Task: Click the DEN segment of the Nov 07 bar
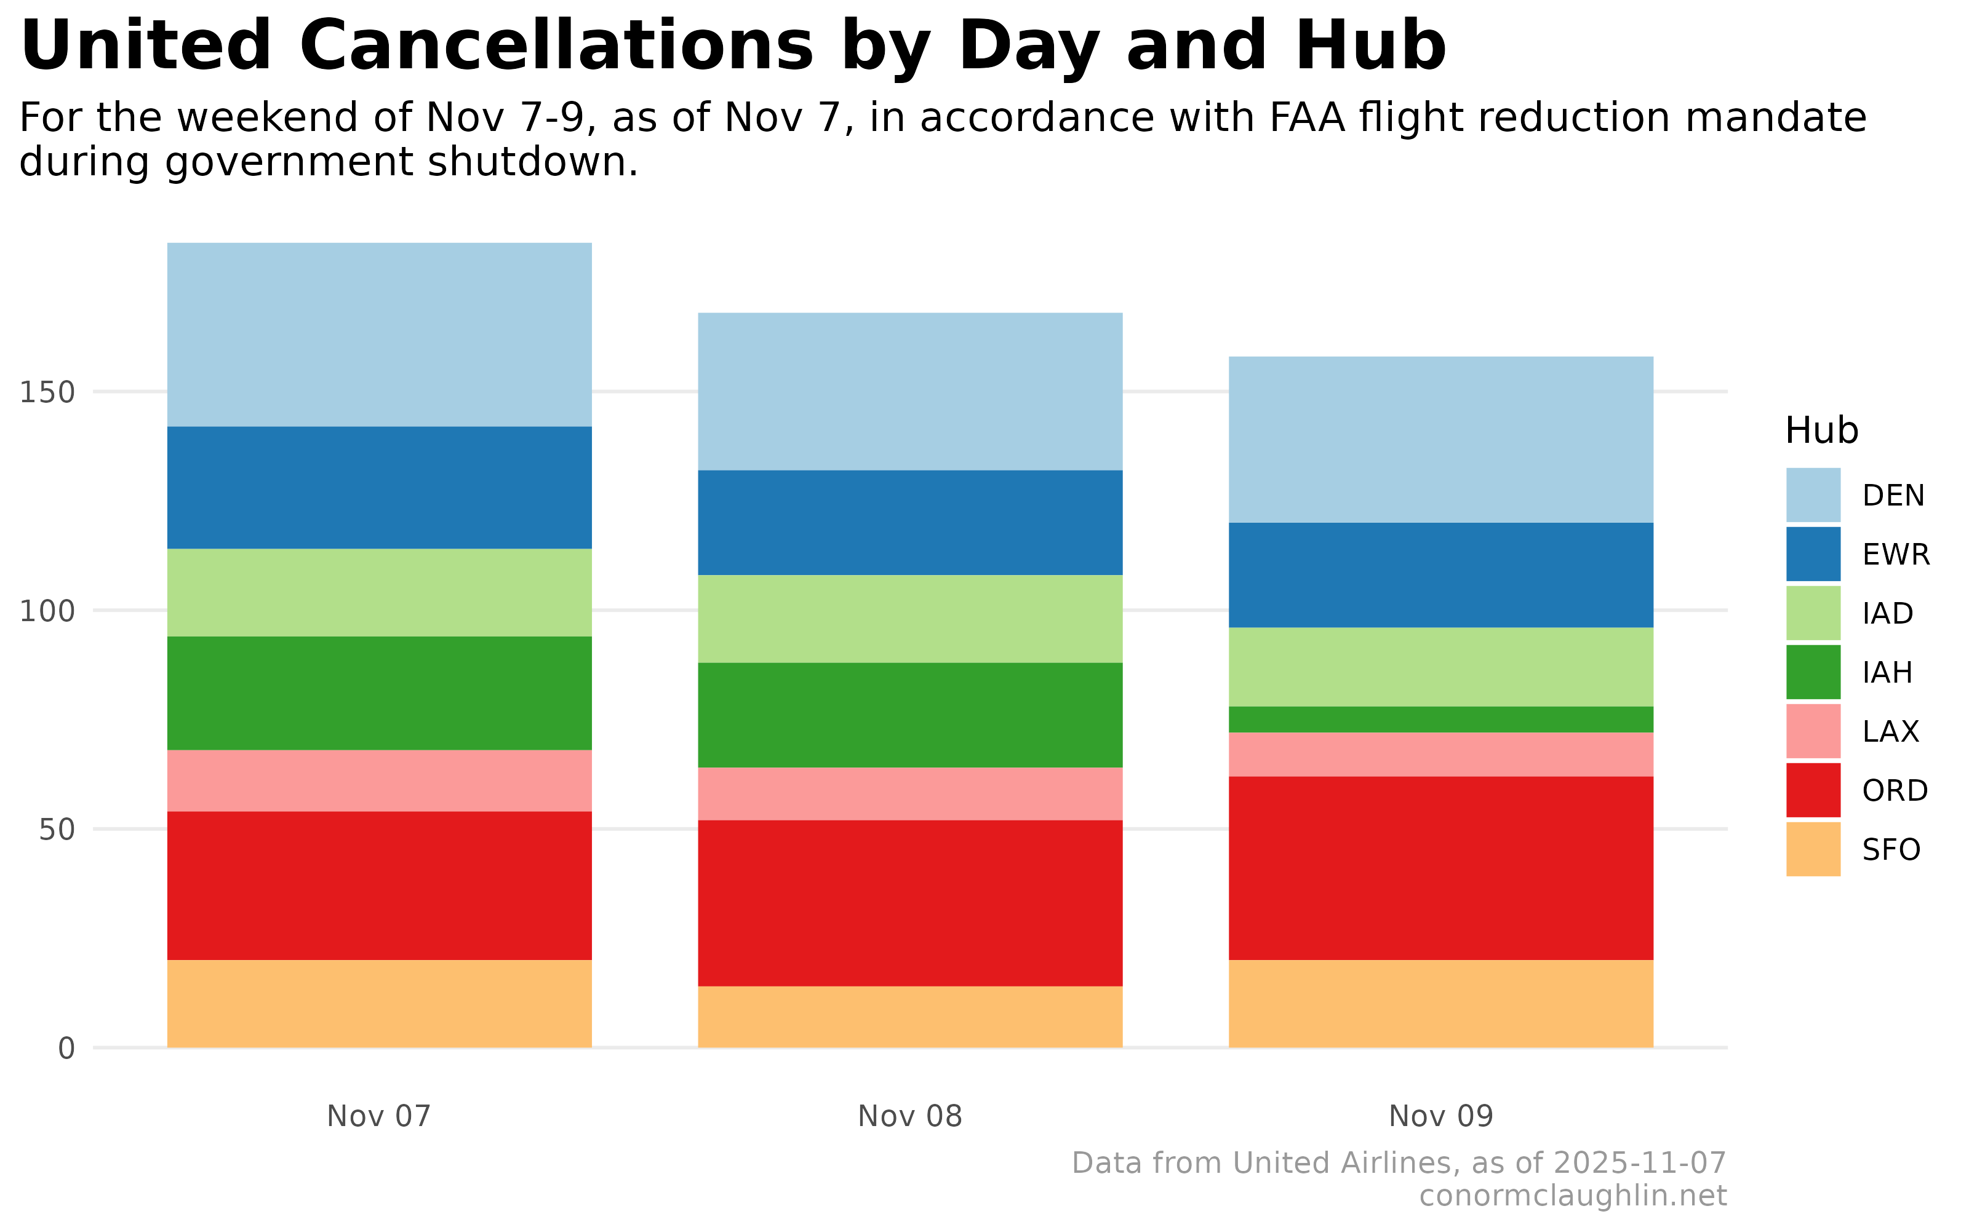point(379,335)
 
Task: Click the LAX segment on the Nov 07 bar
point(379,780)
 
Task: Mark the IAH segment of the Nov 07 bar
point(379,692)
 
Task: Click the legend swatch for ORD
point(1813,790)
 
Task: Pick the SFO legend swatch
point(1813,849)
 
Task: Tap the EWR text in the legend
point(1896,555)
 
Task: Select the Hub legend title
point(1821,430)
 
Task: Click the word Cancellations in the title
point(556,46)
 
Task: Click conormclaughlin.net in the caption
point(1572,1196)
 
